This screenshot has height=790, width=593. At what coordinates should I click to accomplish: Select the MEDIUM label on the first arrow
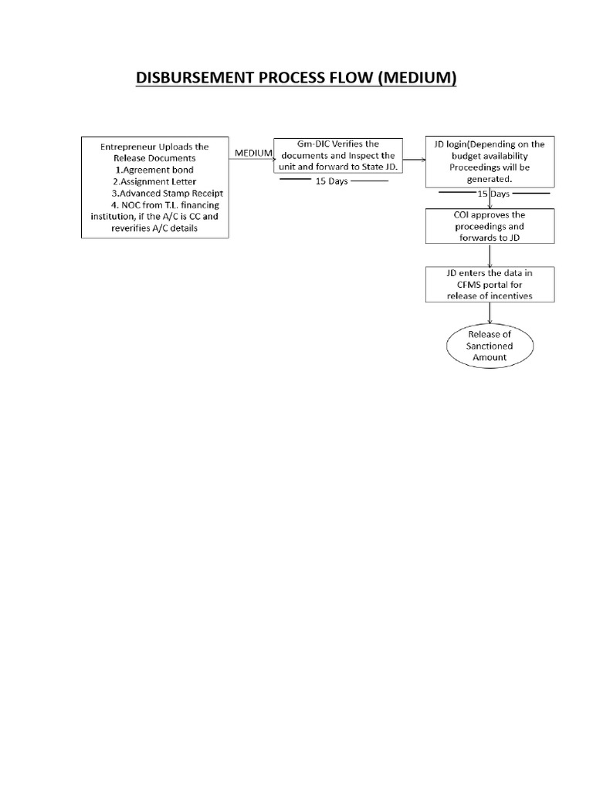[253, 153]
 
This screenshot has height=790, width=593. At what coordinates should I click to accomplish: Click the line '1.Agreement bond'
[154, 170]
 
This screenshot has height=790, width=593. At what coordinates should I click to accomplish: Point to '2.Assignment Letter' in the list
[154, 181]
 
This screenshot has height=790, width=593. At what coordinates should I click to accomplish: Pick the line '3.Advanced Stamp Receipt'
[167, 193]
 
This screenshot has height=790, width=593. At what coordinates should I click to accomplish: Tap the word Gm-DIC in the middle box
[313, 143]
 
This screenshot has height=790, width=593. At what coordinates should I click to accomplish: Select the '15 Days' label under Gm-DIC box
[332, 181]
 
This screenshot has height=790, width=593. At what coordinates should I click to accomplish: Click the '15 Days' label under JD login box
[493, 194]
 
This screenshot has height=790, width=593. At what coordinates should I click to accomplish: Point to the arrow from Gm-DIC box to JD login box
[414, 160]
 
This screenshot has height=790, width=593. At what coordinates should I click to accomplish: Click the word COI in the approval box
[461, 214]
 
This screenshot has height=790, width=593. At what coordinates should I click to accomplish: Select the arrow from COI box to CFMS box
[490, 255]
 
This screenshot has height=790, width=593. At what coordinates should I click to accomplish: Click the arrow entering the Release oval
[490, 313]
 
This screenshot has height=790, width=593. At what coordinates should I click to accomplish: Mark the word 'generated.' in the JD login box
[490, 179]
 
